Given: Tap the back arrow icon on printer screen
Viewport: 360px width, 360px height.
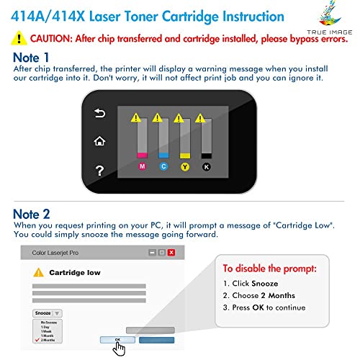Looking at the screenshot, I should pyautogui.click(x=100, y=114).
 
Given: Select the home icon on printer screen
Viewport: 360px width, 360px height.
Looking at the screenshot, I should pyautogui.click(x=100, y=141).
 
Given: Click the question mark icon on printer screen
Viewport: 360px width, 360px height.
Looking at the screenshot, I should pyautogui.click(x=100, y=169).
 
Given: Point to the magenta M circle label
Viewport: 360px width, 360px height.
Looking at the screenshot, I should pyautogui.click(x=142, y=166).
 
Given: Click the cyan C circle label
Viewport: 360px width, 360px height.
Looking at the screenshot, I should pyautogui.click(x=163, y=166).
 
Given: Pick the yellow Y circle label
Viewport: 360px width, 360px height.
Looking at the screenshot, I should pyautogui.click(x=185, y=166).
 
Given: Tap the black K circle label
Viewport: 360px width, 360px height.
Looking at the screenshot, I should pyautogui.click(x=207, y=166).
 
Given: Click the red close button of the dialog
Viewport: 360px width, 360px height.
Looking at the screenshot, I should pyautogui.click(x=171, y=253).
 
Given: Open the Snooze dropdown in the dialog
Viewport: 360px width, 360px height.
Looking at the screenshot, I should pyautogui.click(x=48, y=313).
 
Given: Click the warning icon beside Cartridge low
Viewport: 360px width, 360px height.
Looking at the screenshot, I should pyautogui.click(x=38, y=273).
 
